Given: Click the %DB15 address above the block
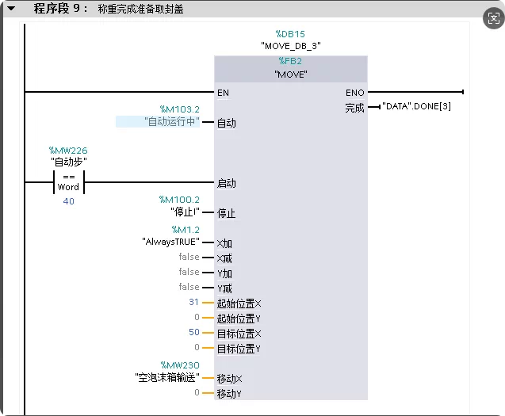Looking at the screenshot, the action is click(290, 34).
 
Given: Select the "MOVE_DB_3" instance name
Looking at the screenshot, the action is click(290, 46).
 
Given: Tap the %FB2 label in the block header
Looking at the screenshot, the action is click(290, 61).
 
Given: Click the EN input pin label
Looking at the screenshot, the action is click(223, 93).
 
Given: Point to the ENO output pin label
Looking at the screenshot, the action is click(355, 93).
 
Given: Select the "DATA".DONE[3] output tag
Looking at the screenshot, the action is click(416, 106).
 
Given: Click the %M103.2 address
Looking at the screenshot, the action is click(180, 109).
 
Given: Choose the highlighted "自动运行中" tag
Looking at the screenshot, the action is click(172, 121).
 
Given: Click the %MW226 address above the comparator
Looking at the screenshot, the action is click(68, 151).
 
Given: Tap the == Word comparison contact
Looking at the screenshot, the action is click(69, 182).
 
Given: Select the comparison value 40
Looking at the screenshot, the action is click(69, 201).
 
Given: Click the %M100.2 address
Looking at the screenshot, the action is click(179, 200).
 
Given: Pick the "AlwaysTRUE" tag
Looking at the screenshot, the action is click(170, 242).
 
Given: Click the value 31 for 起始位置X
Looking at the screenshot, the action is click(193, 302).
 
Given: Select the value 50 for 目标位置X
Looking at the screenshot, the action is click(194, 332).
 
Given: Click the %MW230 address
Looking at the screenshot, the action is click(180, 365).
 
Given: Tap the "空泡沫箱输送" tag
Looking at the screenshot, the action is click(167, 377).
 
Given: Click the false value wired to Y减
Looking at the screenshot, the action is click(189, 287).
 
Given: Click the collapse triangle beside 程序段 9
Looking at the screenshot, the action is click(11, 9).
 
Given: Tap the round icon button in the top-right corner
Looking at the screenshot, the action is click(494, 18).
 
